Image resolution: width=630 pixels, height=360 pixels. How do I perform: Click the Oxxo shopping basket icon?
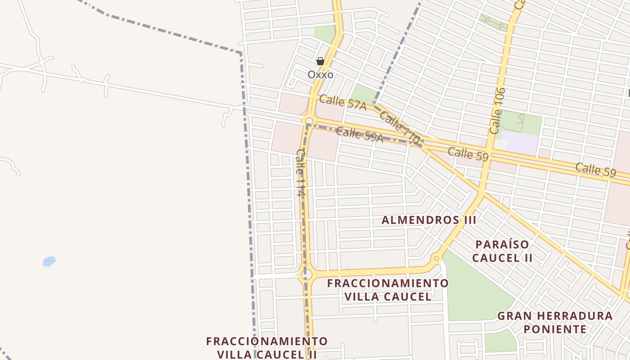coord(320,61)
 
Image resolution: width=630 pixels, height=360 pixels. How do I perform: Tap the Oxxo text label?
coord(320,74)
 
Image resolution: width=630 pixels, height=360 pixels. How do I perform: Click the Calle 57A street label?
coord(342,102)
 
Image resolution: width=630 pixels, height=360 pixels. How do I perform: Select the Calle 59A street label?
coord(360,135)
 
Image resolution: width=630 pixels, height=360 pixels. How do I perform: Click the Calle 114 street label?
coord(301,173)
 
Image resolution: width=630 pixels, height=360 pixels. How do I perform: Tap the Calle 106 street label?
coord(497,111)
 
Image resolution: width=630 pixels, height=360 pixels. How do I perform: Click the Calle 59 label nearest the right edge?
coord(595,170)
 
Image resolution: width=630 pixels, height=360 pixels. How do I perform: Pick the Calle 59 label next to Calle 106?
coord(468,154)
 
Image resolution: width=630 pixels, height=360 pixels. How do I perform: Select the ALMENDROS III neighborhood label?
coord(429,220)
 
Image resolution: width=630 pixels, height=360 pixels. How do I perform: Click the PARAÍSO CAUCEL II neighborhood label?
coord(503,251)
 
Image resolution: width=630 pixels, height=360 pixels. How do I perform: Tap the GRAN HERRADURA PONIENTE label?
coord(555,322)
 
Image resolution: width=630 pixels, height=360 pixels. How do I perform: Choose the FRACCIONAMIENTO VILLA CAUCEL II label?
coord(267,347)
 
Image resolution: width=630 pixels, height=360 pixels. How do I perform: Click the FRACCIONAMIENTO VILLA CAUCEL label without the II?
coord(388,290)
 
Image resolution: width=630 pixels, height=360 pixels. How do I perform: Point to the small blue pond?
coord(49,261)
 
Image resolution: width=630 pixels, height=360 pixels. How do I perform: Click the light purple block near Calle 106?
coord(520,143)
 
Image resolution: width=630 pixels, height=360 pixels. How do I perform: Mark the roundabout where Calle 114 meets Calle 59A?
coord(309,121)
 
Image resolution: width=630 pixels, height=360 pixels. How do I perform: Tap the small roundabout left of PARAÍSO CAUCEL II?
coord(436,258)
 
